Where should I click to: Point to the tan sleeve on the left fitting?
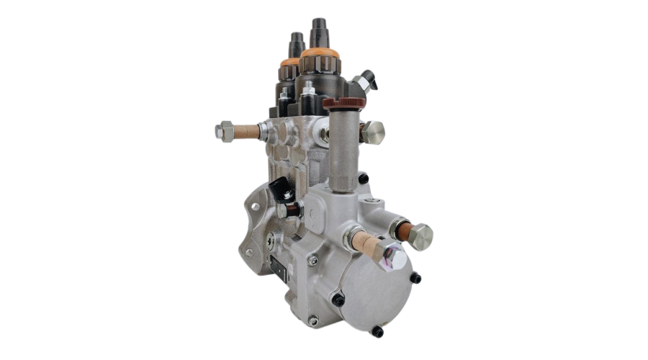[245, 132]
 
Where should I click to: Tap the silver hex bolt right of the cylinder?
[373, 132]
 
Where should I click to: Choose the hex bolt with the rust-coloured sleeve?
[418, 235]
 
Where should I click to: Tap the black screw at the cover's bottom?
[377, 331]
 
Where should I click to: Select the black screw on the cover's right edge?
[415, 278]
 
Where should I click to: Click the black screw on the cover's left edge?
[337, 300]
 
